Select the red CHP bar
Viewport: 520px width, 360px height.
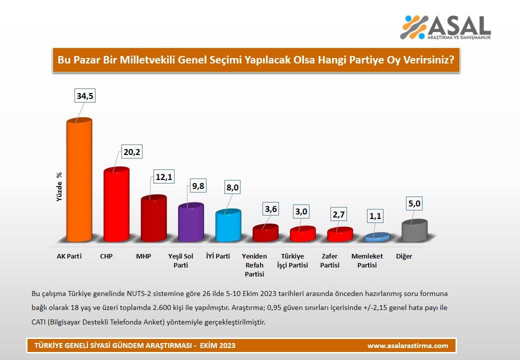(116, 205)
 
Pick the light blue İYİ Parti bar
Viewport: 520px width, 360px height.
(228, 226)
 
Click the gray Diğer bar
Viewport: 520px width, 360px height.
(414, 230)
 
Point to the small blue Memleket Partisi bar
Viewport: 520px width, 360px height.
(377, 237)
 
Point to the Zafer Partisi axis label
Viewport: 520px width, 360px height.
(330, 260)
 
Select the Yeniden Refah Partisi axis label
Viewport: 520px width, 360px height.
(254, 264)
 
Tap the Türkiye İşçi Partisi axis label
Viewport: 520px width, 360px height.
(292, 260)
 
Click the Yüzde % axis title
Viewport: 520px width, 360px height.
(58, 186)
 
